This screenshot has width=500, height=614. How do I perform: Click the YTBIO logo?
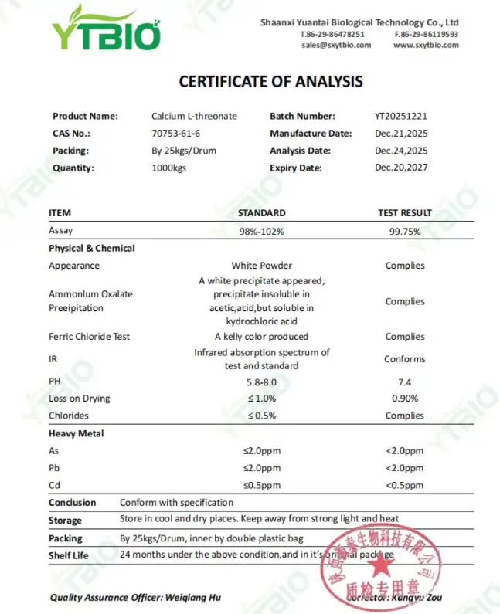click(106, 29)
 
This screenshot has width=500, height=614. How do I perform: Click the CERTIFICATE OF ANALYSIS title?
click(270, 81)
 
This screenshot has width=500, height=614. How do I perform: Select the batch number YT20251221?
click(400, 117)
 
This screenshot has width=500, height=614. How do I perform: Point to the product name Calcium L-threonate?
click(194, 117)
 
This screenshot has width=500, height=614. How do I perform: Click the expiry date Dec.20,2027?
click(400, 168)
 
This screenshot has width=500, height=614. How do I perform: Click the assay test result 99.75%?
click(405, 231)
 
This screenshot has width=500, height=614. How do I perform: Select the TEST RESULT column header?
click(405, 213)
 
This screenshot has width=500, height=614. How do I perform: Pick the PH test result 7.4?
click(405, 382)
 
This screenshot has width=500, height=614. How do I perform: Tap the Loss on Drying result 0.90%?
click(405, 399)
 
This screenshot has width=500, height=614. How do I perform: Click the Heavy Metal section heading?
click(76, 434)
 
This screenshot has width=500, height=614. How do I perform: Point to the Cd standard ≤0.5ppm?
click(261, 485)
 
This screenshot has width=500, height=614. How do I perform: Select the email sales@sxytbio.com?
click(336, 45)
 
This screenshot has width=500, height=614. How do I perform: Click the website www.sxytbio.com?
click(426, 45)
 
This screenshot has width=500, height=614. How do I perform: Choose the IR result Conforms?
click(405, 359)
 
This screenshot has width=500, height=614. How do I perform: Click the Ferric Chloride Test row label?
click(90, 337)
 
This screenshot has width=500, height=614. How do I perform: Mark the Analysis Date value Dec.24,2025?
click(400, 151)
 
